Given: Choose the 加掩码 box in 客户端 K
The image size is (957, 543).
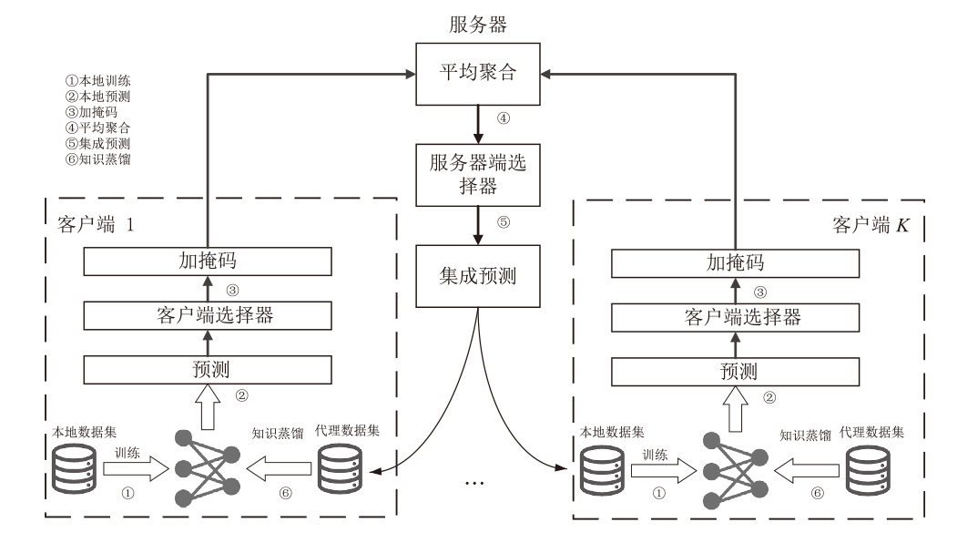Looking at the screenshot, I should coord(735,262).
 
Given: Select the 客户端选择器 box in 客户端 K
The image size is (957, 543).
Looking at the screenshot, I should coord(735,316).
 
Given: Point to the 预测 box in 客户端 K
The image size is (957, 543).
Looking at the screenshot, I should coord(735,370).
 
